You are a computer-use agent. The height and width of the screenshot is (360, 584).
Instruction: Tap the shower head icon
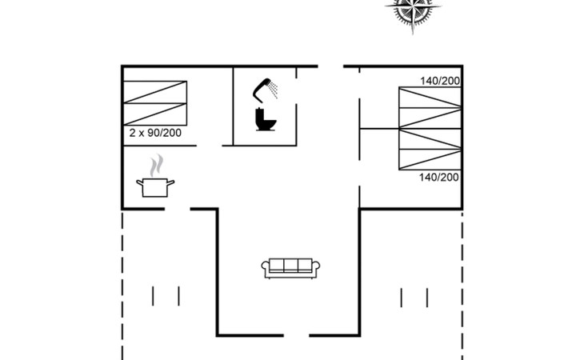tap(262, 90)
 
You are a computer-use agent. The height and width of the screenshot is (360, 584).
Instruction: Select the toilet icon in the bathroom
tap(266, 119)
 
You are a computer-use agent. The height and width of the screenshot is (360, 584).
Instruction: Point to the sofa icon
tap(290, 268)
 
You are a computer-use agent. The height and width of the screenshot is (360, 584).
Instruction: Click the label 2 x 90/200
tap(155, 133)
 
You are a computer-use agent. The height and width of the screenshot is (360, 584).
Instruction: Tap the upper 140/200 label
tap(440, 81)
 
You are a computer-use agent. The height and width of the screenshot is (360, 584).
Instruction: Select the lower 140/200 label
tap(439, 178)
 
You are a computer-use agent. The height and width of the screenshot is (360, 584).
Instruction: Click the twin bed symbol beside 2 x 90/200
tap(155, 103)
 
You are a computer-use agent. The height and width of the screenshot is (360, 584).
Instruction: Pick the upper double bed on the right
tap(430, 107)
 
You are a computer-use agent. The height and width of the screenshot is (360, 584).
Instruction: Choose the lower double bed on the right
tap(430, 150)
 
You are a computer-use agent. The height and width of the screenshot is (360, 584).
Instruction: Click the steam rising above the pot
tap(157, 166)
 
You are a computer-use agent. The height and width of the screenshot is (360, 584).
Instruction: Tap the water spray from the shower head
tap(274, 90)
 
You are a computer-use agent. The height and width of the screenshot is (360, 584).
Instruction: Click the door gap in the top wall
tap(330, 66)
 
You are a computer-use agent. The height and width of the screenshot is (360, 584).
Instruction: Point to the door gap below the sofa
tap(297, 335)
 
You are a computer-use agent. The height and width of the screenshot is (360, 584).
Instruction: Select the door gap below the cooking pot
tap(178, 210)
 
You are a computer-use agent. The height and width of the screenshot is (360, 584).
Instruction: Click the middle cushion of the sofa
tap(290, 265)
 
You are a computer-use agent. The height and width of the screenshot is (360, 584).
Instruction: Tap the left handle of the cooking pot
tap(140, 182)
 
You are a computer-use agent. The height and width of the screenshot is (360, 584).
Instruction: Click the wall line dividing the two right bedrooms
tap(379, 129)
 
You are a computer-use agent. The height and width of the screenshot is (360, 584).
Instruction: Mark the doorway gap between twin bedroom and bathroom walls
tap(210, 146)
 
